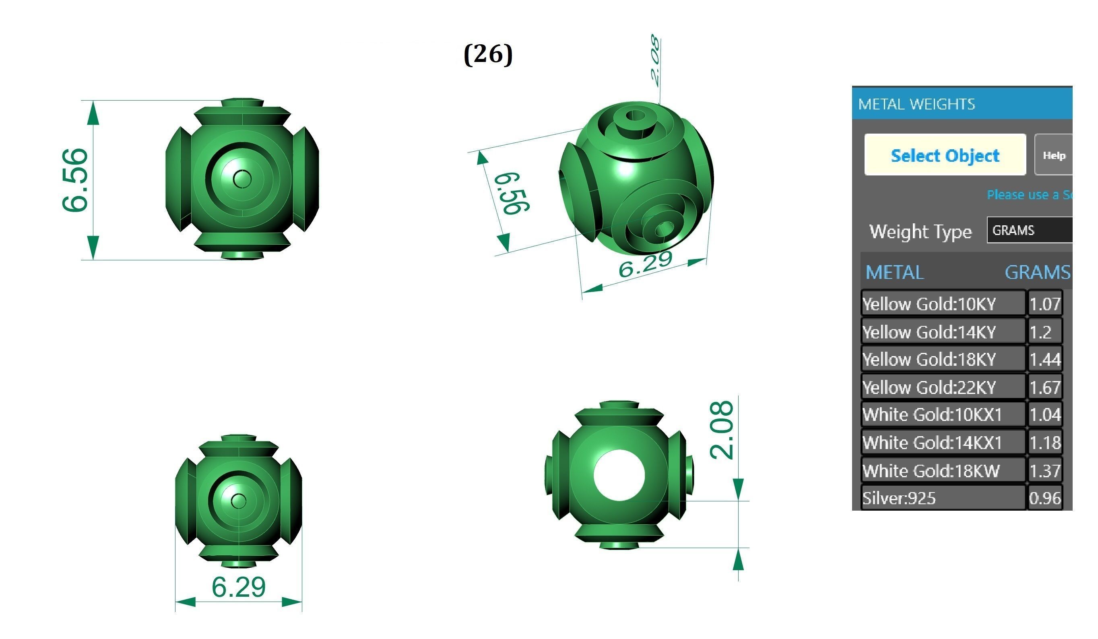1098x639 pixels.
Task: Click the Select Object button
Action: (x=945, y=155)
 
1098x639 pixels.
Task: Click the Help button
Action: (x=1054, y=155)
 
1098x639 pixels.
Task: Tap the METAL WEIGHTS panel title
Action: (x=916, y=104)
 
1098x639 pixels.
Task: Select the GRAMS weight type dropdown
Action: (x=1028, y=230)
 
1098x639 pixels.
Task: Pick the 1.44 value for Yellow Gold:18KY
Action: (x=1044, y=359)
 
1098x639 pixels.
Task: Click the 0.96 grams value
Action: (x=1044, y=498)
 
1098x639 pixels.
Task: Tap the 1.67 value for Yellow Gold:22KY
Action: (x=1044, y=387)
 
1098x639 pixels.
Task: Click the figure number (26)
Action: (x=488, y=54)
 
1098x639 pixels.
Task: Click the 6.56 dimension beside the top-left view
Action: (x=75, y=180)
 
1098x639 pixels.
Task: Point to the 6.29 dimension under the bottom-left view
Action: (x=238, y=587)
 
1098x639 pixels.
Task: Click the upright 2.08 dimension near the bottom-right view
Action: (x=721, y=430)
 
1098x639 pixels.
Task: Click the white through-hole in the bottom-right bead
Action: (x=619, y=475)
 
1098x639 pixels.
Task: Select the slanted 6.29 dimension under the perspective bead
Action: (x=645, y=264)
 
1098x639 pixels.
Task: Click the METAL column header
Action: (x=894, y=272)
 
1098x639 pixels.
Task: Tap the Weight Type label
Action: (x=920, y=231)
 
